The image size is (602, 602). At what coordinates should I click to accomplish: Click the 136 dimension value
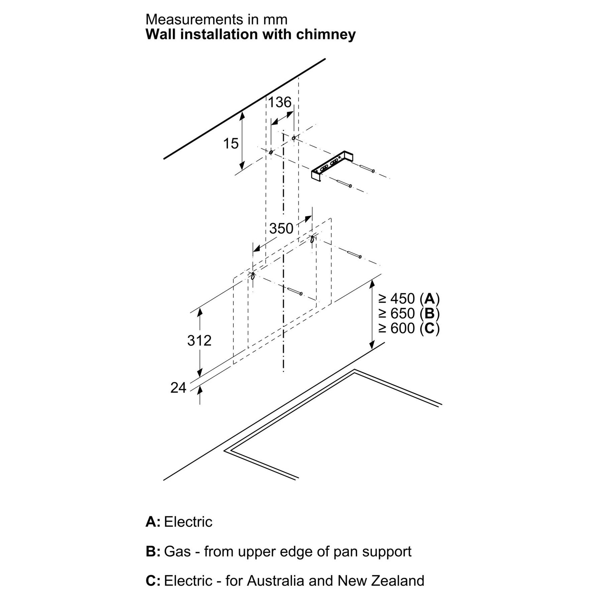coord(280,102)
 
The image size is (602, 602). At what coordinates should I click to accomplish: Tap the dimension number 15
coord(231,143)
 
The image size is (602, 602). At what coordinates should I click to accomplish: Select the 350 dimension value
coord(281,229)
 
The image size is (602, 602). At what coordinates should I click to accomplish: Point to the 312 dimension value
coord(199,340)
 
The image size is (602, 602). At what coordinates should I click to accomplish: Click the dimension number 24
coord(178,388)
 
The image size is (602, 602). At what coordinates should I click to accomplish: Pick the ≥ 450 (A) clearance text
coord(409,298)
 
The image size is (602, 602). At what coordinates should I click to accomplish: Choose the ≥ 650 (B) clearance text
coord(409,313)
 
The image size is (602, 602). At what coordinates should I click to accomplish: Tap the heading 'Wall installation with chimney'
coord(250,34)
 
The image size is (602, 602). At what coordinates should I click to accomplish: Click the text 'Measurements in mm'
coord(216,19)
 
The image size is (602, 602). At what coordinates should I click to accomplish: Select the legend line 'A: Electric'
coord(179,522)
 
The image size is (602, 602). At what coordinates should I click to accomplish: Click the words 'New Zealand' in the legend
coord(381,581)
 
